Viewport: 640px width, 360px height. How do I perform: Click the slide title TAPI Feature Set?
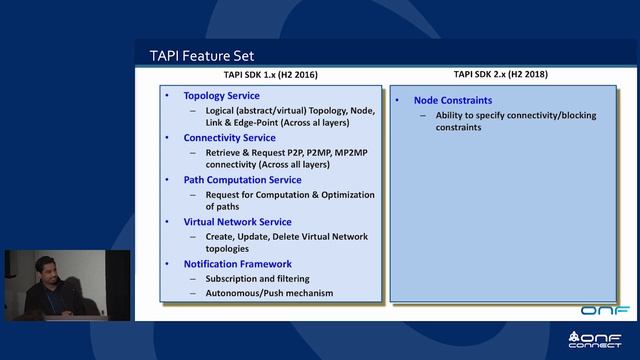point(201,56)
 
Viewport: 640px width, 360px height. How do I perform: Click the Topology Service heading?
point(221,96)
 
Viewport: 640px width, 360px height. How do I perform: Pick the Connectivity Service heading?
point(229,137)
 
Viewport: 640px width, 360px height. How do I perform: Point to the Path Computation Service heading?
point(242,180)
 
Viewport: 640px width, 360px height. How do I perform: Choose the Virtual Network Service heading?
point(237,222)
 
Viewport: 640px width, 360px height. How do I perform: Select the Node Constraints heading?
point(452,101)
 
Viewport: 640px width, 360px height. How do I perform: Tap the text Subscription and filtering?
point(257,278)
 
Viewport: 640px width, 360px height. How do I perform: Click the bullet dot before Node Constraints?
point(397,101)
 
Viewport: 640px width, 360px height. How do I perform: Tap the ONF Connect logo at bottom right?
point(600,340)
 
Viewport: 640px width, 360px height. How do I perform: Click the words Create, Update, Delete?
point(246,237)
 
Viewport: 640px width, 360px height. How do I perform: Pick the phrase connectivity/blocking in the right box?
point(530,115)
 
